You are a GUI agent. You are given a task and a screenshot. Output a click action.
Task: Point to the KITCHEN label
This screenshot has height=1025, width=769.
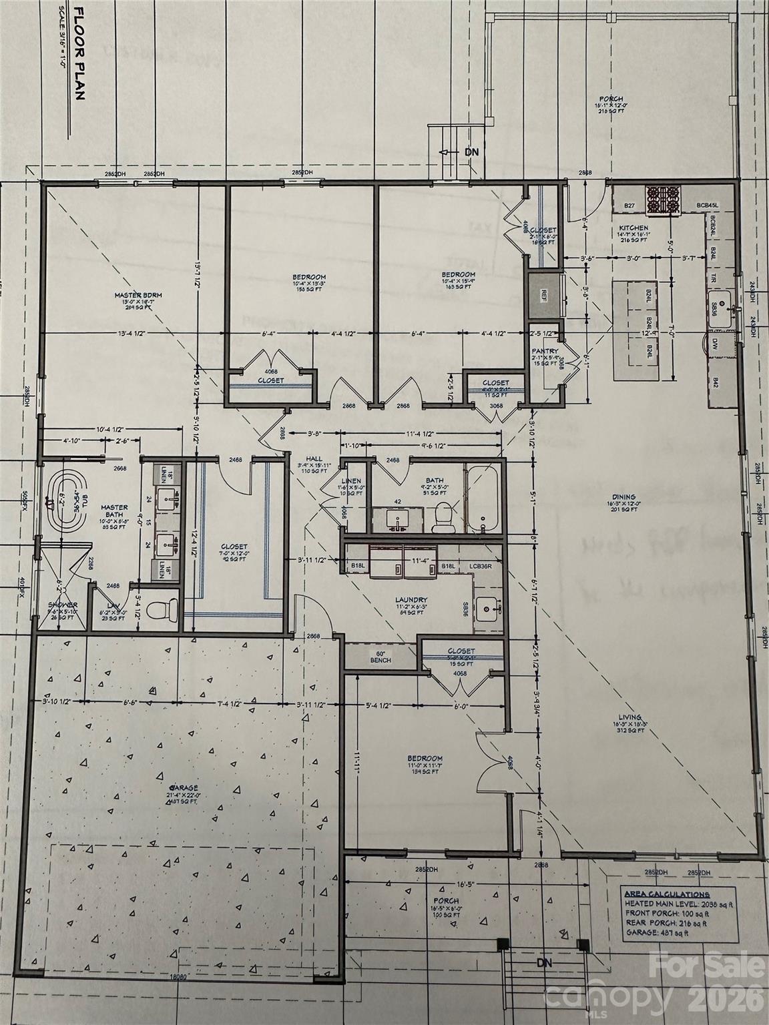[632, 228]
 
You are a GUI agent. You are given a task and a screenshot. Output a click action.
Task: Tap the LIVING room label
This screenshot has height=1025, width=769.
[625, 723]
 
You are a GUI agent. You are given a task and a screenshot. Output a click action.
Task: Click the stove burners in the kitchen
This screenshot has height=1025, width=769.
[664, 197]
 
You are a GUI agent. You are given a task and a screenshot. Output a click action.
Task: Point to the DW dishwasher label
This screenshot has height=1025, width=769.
[715, 344]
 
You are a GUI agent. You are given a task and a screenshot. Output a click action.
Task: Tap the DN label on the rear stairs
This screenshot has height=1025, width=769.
[471, 152]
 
